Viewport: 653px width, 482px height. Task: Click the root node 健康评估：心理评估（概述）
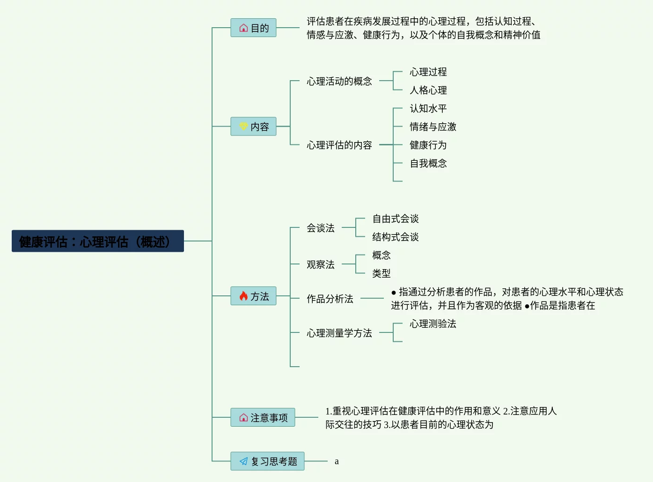click(97, 241)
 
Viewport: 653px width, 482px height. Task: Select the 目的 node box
click(253, 28)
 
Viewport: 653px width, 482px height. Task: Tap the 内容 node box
click(253, 127)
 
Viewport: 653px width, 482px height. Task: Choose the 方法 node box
click(253, 296)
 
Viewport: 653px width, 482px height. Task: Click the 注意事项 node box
click(263, 417)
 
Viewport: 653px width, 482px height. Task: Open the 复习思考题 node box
click(267, 461)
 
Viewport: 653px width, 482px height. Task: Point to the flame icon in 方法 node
click(243, 296)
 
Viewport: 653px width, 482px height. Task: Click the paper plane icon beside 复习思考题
click(243, 461)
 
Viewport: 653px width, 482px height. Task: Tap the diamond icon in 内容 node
click(243, 127)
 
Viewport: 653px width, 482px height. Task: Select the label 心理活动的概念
click(339, 81)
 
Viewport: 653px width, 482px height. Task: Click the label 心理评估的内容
click(339, 145)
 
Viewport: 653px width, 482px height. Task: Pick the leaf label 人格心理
click(428, 90)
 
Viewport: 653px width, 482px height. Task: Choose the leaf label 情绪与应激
click(433, 127)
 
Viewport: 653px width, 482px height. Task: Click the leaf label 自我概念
click(428, 163)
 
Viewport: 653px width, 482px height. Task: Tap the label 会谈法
click(321, 228)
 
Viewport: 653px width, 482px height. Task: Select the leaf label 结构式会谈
click(396, 237)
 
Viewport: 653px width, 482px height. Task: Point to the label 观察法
click(321, 264)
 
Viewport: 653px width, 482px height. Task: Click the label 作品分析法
click(330, 299)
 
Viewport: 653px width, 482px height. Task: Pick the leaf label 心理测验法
click(433, 324)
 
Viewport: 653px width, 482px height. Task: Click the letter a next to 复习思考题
click(337, 461)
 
